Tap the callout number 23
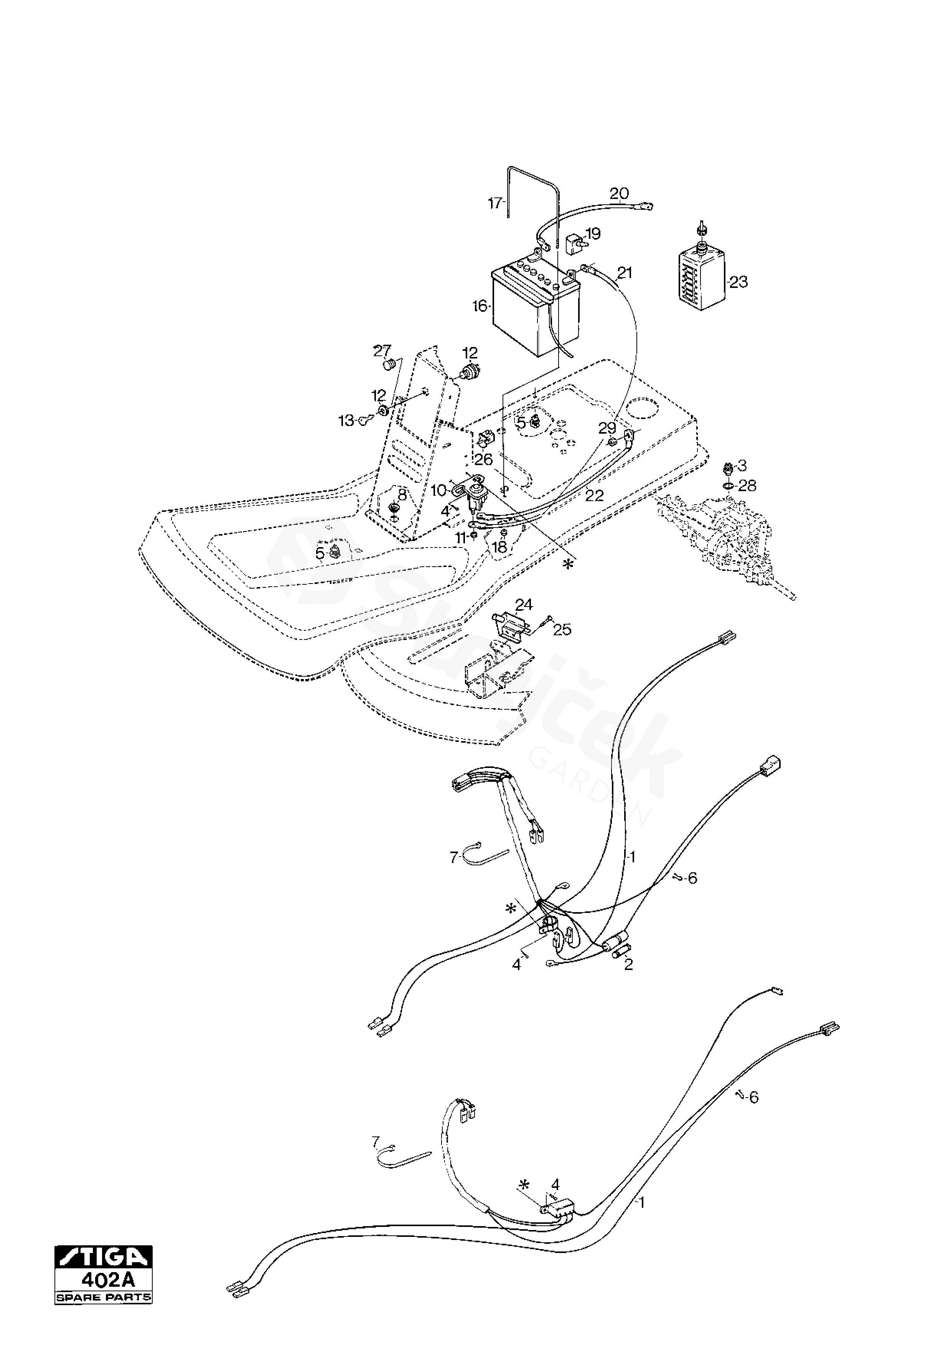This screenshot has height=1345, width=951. pyautogui.click(x=739, y=282)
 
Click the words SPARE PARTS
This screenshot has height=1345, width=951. pyautogui.click(x=103, y=1294)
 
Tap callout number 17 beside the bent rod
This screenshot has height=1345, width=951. pyautogui.click(x=495, y=203)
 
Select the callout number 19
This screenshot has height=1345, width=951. pyautogui.click(x=592, y=234)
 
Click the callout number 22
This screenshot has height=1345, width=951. pyautogui.click(x=594, y=496)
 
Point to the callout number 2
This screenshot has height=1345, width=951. pyautogui.click(x=629, y=964)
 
